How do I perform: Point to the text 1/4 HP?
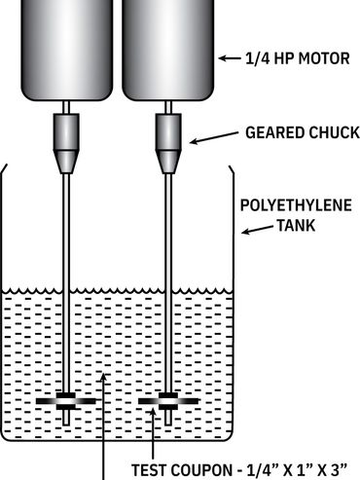click(262, 58)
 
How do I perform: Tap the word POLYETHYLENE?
click(294, 206)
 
